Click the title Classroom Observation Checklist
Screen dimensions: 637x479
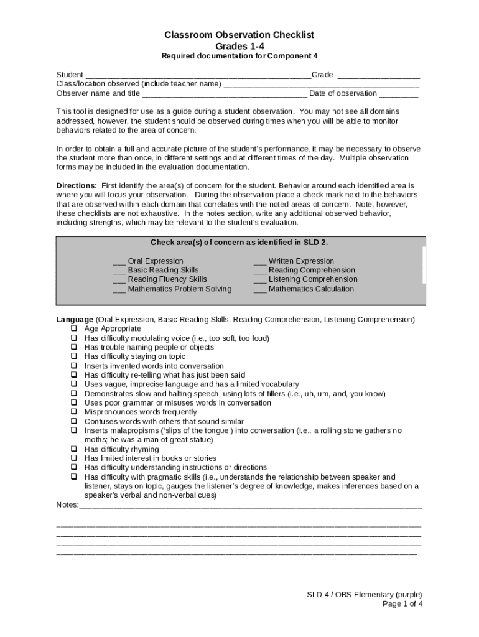pyautogui.click(x=239, y=35)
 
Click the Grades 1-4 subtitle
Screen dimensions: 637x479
pyautogui.click(x=239, y=46)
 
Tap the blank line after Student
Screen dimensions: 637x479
pyautogui.click(x=198, y=75)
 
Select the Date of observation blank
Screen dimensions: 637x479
pyautogui.click(x=399, y=94)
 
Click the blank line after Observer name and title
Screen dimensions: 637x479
pyautogui.click(x=225, y=94)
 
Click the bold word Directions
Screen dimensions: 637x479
pyautogui.click(x=77, y=185)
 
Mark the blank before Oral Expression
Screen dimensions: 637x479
pyautogui.click(x=119, y=261)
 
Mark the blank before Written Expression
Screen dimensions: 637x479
pyautogui.click(x=260, y=261)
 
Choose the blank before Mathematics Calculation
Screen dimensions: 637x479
pyautogui.click(x=260, y=289)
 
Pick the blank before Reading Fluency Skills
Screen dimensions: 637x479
pyautogui.click(x=119, y=279)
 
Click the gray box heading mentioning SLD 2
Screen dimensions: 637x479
pyautogui.click(x=239, y=243)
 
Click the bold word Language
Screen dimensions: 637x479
pyautogui.click(x=75, y=320)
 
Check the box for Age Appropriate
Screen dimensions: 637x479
pyautogui.click(x=73, y=328)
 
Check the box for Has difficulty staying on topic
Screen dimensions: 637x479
pyautogui.click(x=73, y=356)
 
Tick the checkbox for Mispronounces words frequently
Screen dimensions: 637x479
pyautogui.click(x=73, y=412)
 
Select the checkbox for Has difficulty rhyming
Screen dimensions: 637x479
pyautogui.click(x=73, y=449)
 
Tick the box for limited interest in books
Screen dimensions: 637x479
pyautogui.click(x=73, y=458)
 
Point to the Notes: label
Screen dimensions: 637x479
pyautogui.click(x=68, y=504)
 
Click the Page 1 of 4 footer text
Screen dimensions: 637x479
pyautogui.click(x=402, y=603)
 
